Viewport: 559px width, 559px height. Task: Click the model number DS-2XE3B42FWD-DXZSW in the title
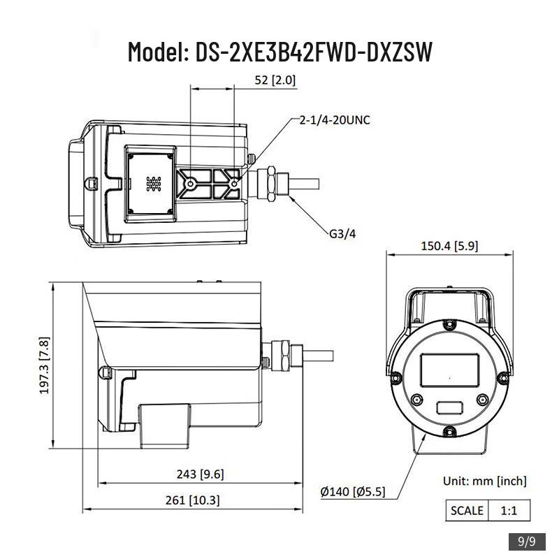tap(314, 52)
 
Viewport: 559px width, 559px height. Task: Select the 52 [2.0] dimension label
tap(275, 80)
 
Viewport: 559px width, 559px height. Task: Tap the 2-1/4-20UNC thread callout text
tap(335, 120)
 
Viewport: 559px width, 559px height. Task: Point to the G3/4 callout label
tap(342, 234)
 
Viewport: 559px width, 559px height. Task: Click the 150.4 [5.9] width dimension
tap(449, 246)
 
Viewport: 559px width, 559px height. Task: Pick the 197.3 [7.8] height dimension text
tap(45, 365)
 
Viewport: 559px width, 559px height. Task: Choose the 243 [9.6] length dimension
tap(201, 474)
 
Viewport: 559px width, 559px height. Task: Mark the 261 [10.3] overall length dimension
tap(193, 500)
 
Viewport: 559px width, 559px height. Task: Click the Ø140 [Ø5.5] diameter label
tap(353, 492)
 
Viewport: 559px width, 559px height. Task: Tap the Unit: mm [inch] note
tap(485, 481)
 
